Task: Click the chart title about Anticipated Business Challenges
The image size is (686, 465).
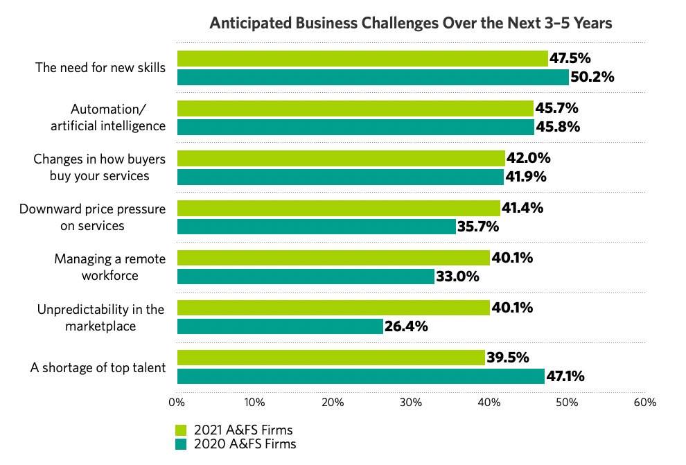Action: pos(411,23)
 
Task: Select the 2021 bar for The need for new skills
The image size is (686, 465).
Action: pos(362,58)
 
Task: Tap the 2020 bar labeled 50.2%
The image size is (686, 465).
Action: pos(373,77)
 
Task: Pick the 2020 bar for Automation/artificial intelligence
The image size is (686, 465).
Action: pos(355,127)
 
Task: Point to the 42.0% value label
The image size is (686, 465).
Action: pos(527,158)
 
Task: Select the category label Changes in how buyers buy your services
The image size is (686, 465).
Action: pos(99,168)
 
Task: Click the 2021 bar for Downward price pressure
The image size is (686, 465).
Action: pos(338,208)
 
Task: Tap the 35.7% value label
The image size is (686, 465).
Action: pos(478,227)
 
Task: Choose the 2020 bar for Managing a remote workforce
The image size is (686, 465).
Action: pos(306,277)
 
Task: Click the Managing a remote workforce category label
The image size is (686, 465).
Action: pos(110,267)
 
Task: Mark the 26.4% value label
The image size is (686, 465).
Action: pos(405,326)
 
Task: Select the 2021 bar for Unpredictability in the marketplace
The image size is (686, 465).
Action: pos(333,308)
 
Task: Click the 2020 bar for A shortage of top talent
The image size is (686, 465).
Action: pos(360,376)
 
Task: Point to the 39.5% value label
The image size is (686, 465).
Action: pos(507,358)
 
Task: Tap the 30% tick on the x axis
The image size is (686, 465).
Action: pos(411,403)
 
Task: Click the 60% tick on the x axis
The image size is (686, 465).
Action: pos(645,403)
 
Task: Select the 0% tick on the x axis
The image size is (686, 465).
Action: pos(177,403)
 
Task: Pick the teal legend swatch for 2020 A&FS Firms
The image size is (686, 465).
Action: pos(182,444)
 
